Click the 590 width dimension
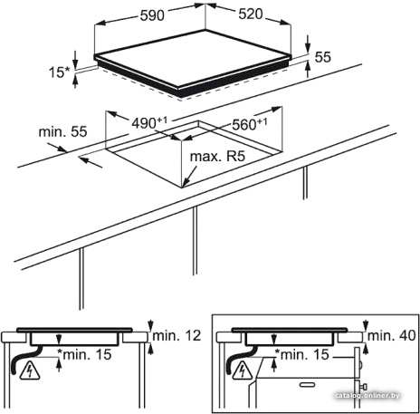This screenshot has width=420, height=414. [152, 15]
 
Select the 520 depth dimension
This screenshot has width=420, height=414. [251, 14]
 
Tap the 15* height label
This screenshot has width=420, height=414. [59, 72]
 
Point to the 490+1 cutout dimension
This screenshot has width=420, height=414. [149, 123]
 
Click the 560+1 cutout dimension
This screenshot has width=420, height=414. [250, 124]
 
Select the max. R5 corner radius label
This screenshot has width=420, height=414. [217, 157]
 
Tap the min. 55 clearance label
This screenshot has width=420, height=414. [62, 131]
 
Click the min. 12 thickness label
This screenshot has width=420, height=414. [177, 335]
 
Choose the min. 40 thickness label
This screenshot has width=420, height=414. [392, 335]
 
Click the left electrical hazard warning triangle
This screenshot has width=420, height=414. [30, 370]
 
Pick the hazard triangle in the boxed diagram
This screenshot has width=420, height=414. [242, 371]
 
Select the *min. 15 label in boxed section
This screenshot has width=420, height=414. [303, 354]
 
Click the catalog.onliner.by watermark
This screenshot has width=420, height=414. [368, 395]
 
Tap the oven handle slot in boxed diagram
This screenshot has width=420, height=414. [307, 384]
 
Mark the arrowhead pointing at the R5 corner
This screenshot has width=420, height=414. [185, 183]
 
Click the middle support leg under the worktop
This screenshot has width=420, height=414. [196, 240]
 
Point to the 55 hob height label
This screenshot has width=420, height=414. [322, 57]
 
